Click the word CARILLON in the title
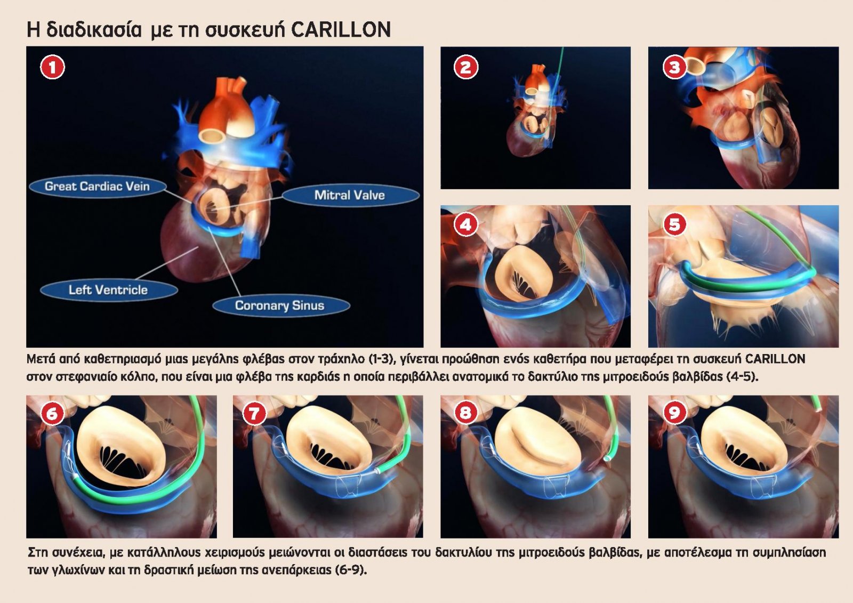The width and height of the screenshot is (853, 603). [341, 29]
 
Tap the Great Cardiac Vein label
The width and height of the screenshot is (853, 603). [98, 186]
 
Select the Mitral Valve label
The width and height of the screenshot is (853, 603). [350, 196]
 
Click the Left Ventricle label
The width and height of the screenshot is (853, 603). [109, 290]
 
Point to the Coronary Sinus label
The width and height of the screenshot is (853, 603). [280, 305]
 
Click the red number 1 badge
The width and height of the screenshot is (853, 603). [53, 67]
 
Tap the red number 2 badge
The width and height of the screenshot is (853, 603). [466, 67]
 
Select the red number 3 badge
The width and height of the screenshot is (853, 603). [674, 67]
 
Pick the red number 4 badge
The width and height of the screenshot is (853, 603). [466, 225]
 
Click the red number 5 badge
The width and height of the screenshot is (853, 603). [674, 224]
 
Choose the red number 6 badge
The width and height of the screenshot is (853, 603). [52, 413]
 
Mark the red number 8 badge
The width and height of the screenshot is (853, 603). [466, 413]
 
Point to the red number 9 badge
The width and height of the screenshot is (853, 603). [674, 412]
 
